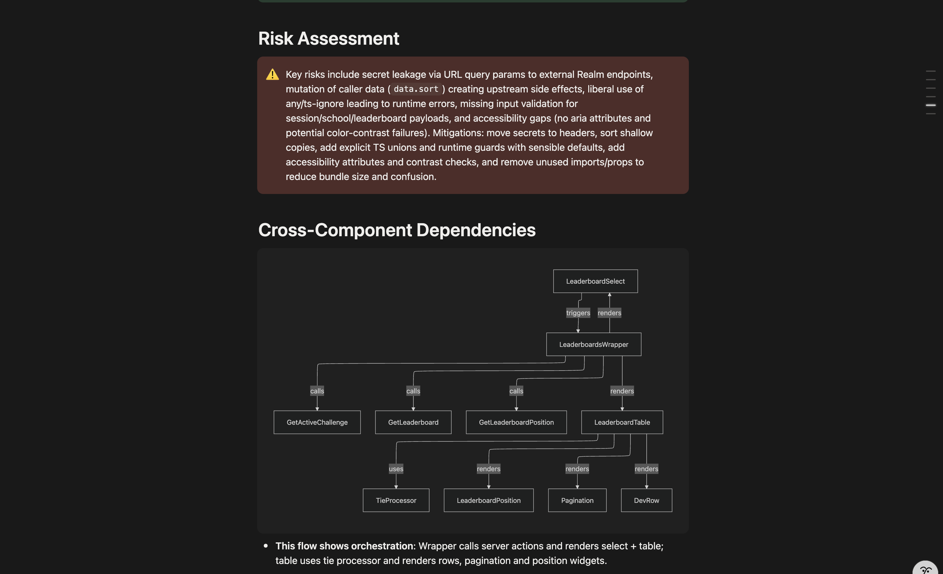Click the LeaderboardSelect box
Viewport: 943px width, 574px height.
point(595,281)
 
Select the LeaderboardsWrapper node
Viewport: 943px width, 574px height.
point(594,344)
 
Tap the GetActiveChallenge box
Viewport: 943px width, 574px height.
point(317,422)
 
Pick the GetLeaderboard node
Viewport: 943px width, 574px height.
point(413,422)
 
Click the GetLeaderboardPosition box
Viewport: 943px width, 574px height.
point(516,422)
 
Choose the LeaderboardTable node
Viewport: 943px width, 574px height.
point(622,422)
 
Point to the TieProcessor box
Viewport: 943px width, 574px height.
point(396,500)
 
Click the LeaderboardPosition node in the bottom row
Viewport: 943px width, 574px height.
point(488,500)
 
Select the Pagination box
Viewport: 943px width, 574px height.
point(577,500)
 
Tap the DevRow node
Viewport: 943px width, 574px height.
point(646,500)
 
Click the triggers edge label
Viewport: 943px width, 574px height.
point(578,313)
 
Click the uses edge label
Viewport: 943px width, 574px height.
point(396,469)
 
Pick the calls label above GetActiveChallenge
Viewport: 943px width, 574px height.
point(317,391)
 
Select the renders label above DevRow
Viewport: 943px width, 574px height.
point(646,469)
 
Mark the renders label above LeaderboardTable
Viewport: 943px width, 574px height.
point(622,391)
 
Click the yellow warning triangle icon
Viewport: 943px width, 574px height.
point(272,74)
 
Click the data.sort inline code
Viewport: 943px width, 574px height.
point(416,89)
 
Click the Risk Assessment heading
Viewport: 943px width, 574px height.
point(328,39)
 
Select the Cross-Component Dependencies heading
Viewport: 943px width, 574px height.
point(396,230)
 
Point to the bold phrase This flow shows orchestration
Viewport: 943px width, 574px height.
point(344,546)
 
